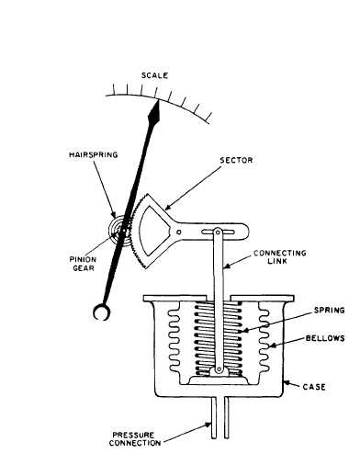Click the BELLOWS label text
[x=323, y=339]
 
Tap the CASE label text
[x=315, y=386]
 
